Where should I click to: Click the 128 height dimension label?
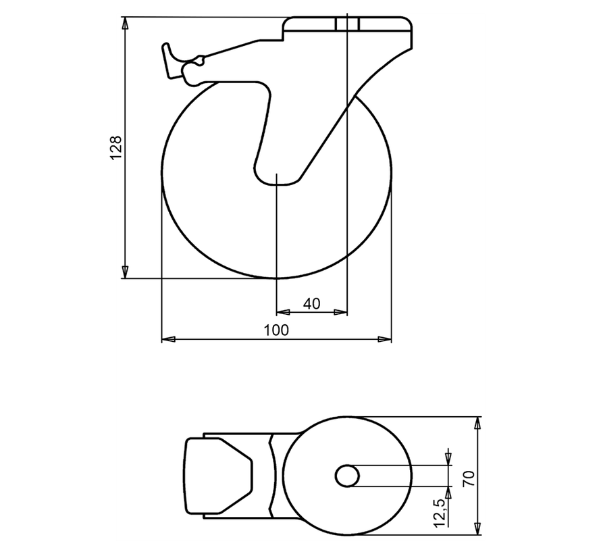point(116,147)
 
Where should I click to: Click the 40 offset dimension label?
point(311,304)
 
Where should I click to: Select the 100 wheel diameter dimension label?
point(276,330)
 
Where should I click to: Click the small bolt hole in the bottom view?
point(347,476)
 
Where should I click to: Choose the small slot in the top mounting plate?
point(347,24)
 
